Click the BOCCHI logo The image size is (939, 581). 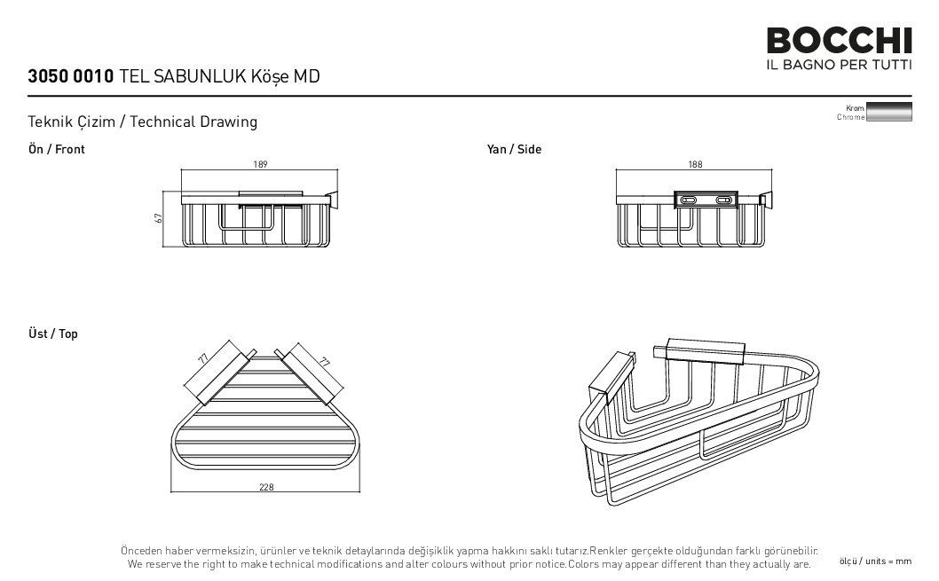coord(839,41)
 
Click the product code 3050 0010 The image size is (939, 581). coord(71,76)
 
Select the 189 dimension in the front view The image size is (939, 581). coord(261,164)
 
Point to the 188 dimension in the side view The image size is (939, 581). coord(695,164)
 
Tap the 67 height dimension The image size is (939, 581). coord(159,218)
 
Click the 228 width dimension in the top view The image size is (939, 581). coord(266,487)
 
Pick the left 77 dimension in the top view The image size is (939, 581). coord(203,359)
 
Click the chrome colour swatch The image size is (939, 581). coord(889,112)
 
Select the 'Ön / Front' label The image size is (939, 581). coord(56,149)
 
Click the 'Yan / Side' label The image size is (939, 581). coord(514,149)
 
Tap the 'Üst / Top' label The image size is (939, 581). coord(52,334)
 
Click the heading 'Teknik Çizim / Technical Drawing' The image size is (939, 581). coord(143,122)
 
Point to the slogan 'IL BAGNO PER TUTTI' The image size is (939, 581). coord(839,64)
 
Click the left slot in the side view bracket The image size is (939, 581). coord(689,200)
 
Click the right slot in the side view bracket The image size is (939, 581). coord(724,200)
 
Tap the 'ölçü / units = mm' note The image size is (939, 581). coord(875,561)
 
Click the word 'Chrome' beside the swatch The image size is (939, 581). coord(850,117)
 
